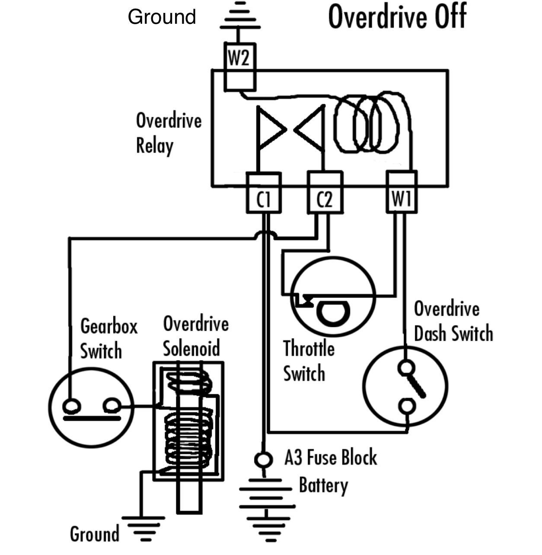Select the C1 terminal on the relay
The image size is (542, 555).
[x=263, y=198]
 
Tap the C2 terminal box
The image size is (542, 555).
[x=325, y=198]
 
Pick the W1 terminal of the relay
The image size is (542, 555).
[x=402, y=198]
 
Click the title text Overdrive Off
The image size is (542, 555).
[x=397, y=17]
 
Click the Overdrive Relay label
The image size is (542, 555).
[x=169, y=133]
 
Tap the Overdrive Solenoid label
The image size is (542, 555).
[x=196, y=336]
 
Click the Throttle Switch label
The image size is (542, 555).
[x=309, y=360]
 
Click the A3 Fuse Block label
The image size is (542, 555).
[x=330, y=458]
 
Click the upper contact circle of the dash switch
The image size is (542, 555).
[x=406, y=368]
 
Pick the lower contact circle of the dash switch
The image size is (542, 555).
[x=407, y=406]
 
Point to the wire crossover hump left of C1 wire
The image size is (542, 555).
[x=264, y=235]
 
